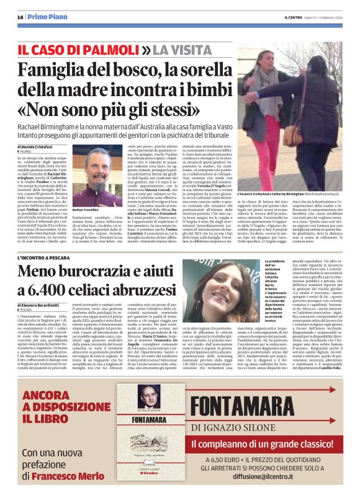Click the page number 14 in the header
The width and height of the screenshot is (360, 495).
click(x=20, y=17)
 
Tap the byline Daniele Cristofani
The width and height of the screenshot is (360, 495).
click(x=40, y=146)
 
